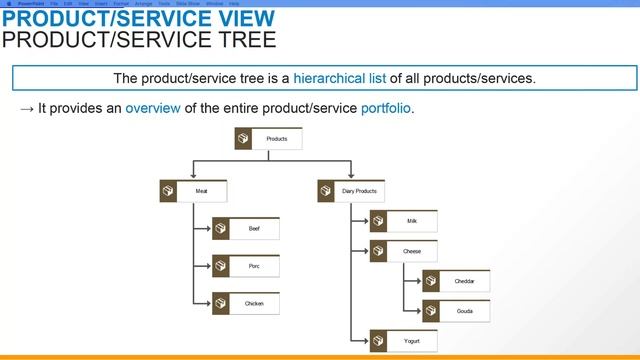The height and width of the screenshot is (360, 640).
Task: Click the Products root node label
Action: pos(277,139)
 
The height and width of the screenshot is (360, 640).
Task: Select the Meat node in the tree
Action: pos(202,191)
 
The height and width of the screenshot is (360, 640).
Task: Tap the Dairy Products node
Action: pos(359,191)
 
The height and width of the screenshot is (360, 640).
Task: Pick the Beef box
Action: pos(254,229)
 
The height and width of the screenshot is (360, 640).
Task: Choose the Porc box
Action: pos(254,266)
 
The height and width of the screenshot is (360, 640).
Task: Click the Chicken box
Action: pos(254,303)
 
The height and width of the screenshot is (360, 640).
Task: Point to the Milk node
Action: pos(411,221)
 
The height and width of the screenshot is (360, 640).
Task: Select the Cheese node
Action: pos(411,252)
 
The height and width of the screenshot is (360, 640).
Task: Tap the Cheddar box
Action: pos(464,282)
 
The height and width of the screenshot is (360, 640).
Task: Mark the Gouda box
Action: pos(464,311)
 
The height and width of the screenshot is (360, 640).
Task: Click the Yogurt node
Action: pos(411,342)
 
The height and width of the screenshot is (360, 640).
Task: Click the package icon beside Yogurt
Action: pos(379,342)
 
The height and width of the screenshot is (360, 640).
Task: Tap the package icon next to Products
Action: pos(243,139)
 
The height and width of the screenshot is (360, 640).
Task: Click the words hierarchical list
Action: pos(343,78)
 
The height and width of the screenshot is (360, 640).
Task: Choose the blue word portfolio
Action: pos(386,108)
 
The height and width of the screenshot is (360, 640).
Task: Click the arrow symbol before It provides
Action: pos(27,108)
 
